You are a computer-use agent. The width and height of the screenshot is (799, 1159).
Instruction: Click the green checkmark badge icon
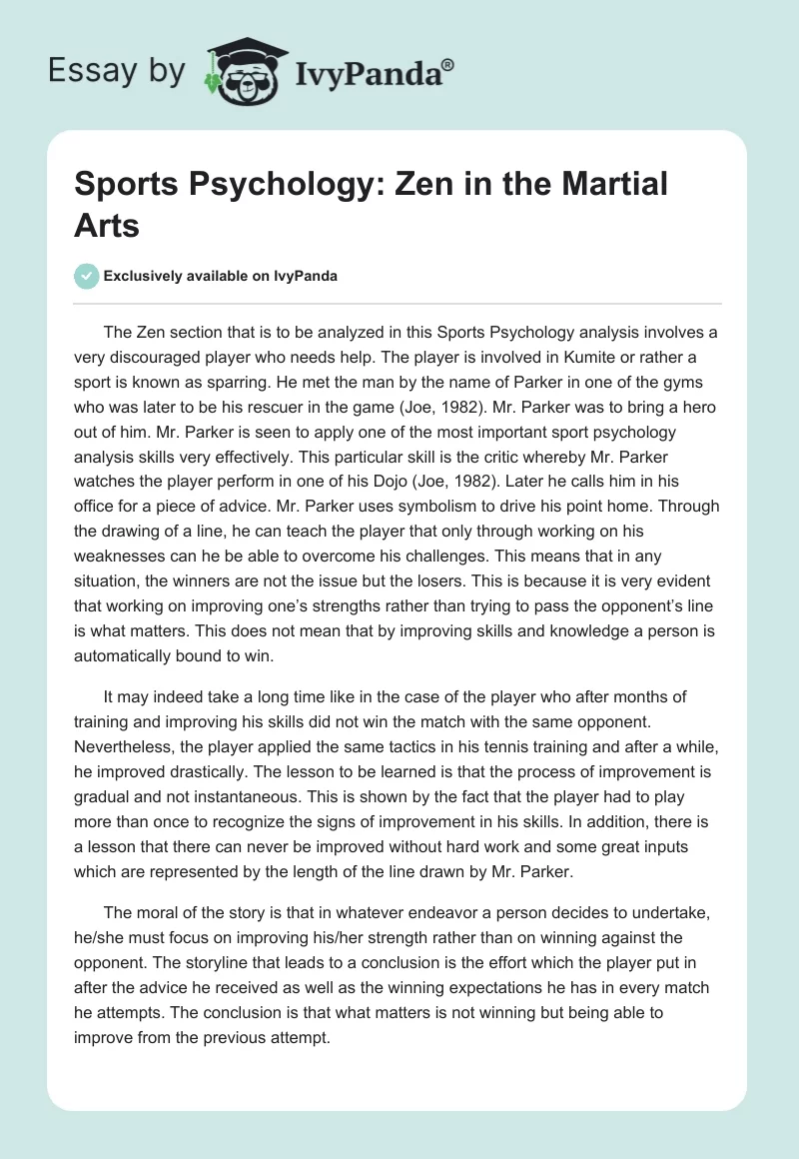click(87, 276)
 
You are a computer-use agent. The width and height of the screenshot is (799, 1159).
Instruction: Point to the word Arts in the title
click(108, 225)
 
